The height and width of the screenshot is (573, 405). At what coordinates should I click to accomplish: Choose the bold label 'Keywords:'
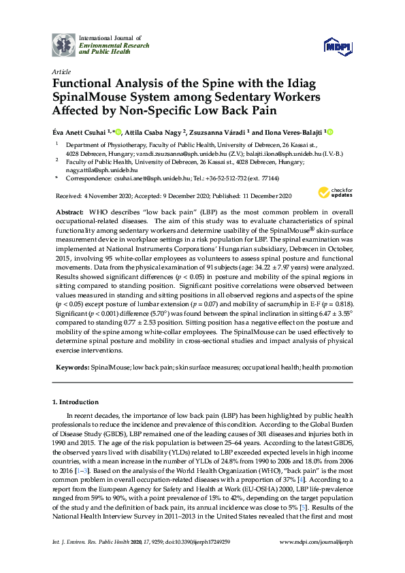click(x=72, y=367)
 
